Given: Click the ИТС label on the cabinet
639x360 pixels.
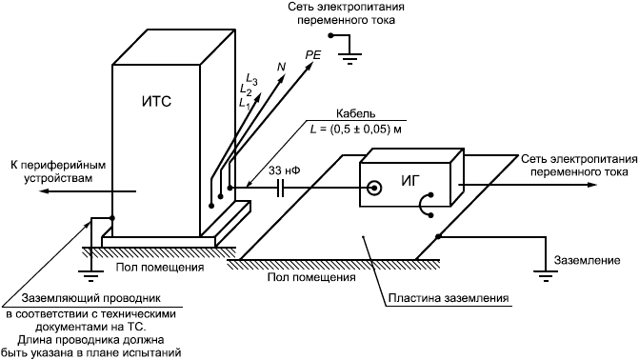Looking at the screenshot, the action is click(156, 102).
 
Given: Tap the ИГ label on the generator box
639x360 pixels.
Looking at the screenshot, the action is click(410, 181).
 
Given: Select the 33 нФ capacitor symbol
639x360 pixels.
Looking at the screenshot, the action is click(280, 188).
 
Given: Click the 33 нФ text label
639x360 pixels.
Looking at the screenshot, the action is click(285, 170).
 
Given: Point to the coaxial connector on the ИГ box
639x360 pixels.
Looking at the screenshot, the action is click(373, 188).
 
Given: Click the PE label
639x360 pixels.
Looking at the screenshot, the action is click(313, 55).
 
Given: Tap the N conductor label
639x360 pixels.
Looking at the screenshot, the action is click(281, 67).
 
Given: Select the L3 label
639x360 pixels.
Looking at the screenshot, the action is click(251, 79).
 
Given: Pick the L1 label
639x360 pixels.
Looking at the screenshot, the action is click(245, 102).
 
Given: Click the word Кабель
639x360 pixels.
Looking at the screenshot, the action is click(355, 113).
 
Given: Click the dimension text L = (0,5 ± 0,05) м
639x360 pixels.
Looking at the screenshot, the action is click(356, 130).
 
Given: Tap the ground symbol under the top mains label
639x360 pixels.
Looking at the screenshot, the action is click(350, 58).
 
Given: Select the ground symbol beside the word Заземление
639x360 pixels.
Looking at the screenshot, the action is click(545, 276).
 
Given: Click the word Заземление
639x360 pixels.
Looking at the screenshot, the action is click(587, 260).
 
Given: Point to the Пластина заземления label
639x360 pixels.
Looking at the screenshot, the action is click(449, 298).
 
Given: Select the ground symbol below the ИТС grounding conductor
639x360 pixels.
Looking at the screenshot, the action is click(90, 276).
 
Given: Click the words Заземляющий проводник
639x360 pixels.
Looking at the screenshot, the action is click(91, 298).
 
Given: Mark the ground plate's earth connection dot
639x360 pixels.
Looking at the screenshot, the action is click(438, 236).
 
